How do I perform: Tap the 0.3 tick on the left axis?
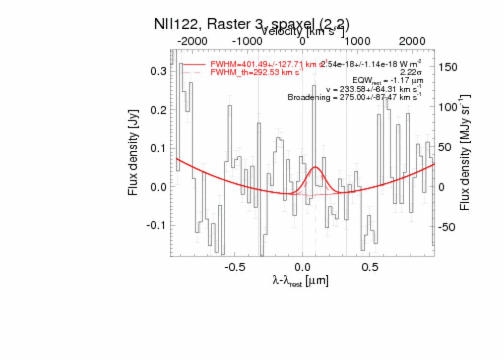pos(159,71)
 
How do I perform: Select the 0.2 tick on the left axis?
pos(159,109)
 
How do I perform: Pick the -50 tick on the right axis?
pos(448,227)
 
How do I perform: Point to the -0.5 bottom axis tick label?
pos(233,266)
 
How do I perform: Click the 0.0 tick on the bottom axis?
pos(302,266)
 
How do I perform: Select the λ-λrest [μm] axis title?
pos(300,281)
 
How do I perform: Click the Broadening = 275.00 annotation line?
pos(354,97)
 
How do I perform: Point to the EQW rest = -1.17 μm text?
pos(387,81)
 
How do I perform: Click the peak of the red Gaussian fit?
pos(316,167)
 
